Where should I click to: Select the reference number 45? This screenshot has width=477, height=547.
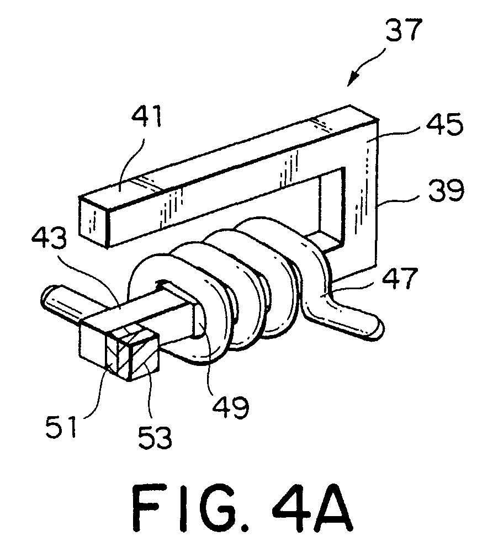(x=444, y=124)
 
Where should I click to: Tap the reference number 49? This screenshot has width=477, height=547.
(x=230, y=406)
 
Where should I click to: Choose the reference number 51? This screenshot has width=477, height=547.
(x=62, y=426)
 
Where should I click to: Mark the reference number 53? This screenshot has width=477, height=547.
(x=155, y=437)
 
